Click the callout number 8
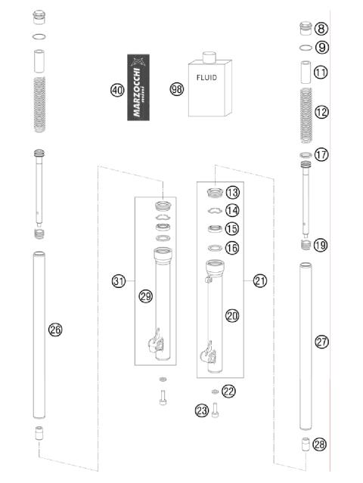click(322, 29)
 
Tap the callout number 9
click(322, 48)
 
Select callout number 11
click(321, 73)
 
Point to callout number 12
click(321, 112)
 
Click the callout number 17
click(321, 154)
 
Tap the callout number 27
click(322, 342)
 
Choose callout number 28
click(320, 444)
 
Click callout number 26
click(54, 329)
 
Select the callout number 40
click(116, 89)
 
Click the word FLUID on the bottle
click(209, 78)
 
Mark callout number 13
click(232, 192)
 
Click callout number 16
click(232, 247)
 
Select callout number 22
click(229, 391)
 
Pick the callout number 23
click(201, 410)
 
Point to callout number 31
click(118, 281)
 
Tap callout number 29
click(145, 296)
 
